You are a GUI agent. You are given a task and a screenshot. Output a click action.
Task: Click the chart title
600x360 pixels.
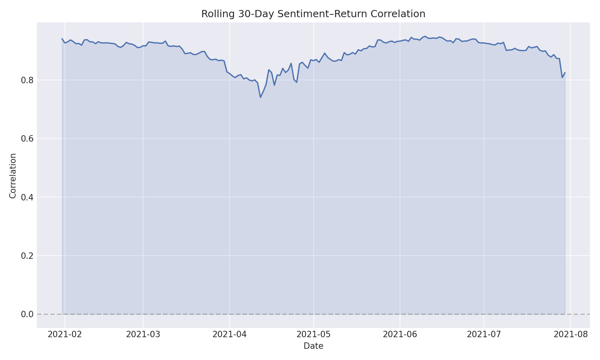point(313,14)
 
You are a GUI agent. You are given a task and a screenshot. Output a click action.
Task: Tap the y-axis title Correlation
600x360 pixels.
point(13,176)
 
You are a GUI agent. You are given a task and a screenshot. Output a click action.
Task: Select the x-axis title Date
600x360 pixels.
point(313,346)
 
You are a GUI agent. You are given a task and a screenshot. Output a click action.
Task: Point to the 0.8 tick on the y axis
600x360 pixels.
point(27,80)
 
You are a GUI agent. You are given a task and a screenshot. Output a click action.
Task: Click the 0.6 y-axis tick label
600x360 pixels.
point(27,139)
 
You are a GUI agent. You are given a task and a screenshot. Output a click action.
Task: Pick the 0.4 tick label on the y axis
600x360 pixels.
point(27,197)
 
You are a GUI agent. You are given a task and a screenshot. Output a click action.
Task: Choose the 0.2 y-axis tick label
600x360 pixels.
point(27,256)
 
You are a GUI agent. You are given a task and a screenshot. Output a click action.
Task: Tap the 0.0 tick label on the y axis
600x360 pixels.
point(27,314)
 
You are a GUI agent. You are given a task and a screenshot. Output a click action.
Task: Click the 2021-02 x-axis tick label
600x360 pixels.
point(65,334)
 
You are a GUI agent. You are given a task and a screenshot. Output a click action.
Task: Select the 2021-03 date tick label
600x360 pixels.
point(143,334)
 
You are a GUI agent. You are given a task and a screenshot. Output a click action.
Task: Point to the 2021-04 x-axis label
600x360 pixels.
point(230,334)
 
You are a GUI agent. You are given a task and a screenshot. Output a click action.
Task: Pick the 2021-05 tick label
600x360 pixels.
point(314,334)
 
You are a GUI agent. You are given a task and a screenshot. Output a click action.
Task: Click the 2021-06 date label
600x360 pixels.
point(400,334)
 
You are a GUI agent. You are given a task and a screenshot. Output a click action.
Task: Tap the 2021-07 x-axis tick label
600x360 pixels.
point(484,334)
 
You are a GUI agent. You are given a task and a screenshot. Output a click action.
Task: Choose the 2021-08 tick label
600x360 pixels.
point(570,334)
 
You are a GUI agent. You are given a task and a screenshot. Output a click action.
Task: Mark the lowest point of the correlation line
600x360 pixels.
point(260,97)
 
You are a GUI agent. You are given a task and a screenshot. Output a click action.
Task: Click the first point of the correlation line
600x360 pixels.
point(62,39)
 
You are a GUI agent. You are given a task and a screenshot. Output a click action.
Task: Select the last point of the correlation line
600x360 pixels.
point(565,72)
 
